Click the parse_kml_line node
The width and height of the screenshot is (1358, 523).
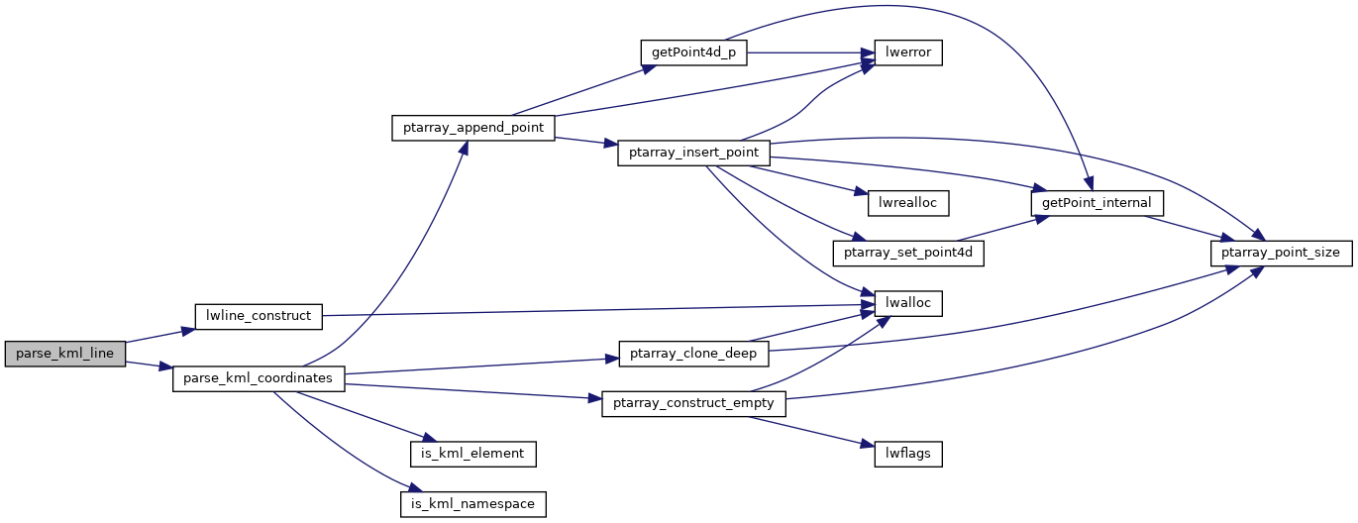pyautogui.click(x=65, y=354)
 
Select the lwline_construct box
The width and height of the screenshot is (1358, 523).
pyautogui.click(x=259, y=316)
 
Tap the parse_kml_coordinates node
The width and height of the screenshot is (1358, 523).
pyautogui.click(x=259, y=378)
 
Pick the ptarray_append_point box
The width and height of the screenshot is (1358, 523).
pyautogui.click(x=472, y=129)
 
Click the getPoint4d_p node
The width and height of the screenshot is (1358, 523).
pyautogui.click(x=692, y=52)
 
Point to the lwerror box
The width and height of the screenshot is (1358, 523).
pyautogui.click(x=906, y=52)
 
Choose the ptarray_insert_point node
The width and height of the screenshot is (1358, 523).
pyautogui.click(x=693, y=154)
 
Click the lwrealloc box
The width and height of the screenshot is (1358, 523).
pyautogui.click(x=908, y=203)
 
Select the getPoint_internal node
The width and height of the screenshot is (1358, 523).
pyautogui.click(x=1097, y=203)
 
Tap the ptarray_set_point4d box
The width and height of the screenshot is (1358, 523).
pyautogui.click(x=908, y=254)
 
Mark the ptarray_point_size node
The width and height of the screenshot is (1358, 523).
pyautogui.click(x=1282, y=254)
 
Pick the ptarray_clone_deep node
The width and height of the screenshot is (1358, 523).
pyautogui.click(x=693, y=354)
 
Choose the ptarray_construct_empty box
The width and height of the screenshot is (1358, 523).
pyautogui.click(x=693, y=404)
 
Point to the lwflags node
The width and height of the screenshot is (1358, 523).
pyautogui.click(x=906, y=455)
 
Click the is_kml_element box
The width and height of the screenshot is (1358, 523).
pyautogui.click(x=473, y=455)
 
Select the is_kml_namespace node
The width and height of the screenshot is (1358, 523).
pyautogui.click(x=473, y=504)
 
